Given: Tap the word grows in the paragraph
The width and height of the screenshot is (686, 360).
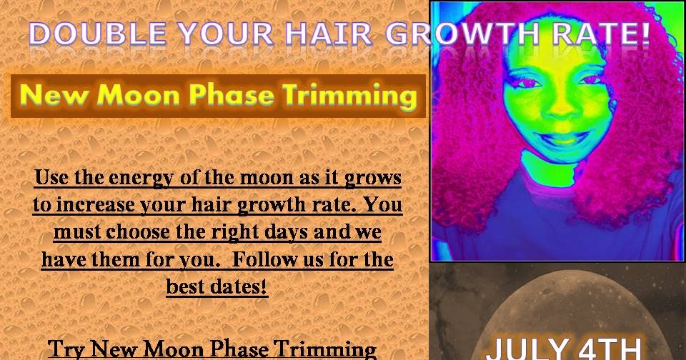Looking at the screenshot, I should pos(372,177).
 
